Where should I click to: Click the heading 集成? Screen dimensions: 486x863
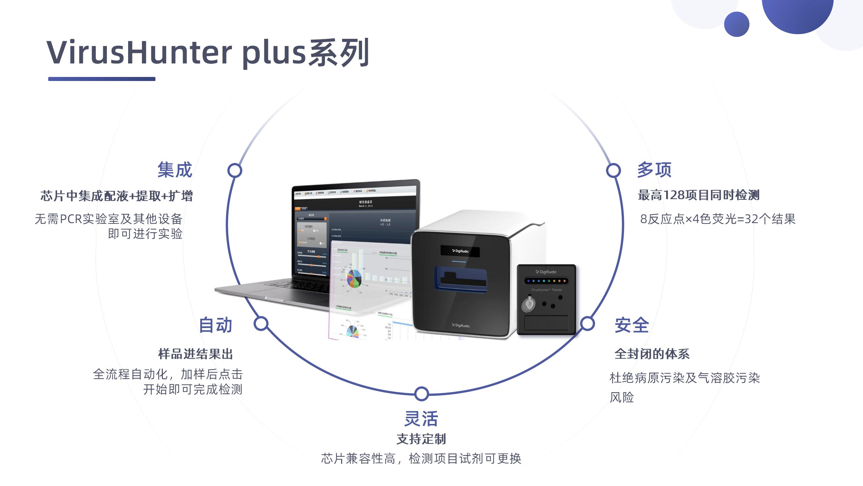(175, 170)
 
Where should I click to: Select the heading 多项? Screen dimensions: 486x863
(654, 170)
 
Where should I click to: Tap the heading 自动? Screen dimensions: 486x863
(215, 325)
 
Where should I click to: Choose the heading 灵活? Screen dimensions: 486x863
(421, 418)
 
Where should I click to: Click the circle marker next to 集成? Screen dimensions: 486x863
(235, 170)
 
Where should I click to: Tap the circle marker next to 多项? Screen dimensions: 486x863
(613, 170)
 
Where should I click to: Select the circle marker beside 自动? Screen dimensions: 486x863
(261, 324)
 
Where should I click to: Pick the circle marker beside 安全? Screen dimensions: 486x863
(587, 324)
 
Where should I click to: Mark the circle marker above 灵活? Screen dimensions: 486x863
(421, 394)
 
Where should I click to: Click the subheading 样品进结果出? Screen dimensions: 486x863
(196, 354)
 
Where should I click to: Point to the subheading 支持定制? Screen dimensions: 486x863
(421, 439)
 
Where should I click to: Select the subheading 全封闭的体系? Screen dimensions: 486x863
(652, 354)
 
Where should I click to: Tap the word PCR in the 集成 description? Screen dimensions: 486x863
(71, 219)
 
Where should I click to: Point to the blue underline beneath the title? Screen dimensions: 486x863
(101, 79)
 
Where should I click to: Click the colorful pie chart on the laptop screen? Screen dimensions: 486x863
(353, 278)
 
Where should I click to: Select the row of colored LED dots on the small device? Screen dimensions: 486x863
(546, 281)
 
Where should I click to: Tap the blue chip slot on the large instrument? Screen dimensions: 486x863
(460, 278)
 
